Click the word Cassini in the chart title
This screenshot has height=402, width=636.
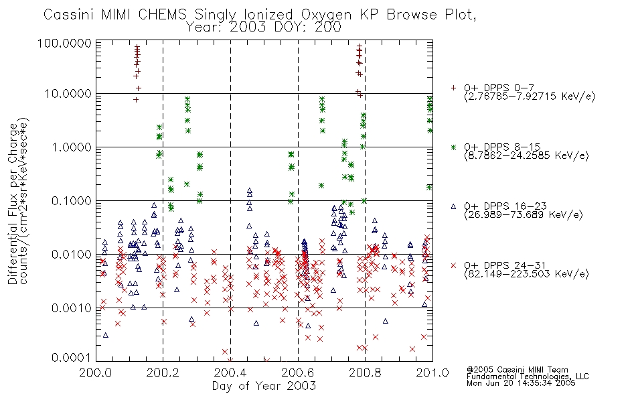point(69,15)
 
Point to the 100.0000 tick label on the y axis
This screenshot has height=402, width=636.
point(64,43)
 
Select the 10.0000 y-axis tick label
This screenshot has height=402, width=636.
point(68,94)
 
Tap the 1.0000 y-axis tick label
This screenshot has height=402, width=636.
point(72,147)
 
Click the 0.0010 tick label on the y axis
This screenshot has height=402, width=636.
point(72,308)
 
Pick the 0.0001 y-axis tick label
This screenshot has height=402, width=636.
point(72,358)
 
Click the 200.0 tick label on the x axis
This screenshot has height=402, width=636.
point(96,373)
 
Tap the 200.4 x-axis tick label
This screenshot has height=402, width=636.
point(230,373)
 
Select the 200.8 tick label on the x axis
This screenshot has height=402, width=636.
point(365,373)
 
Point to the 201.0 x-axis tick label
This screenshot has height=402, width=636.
point(432,373)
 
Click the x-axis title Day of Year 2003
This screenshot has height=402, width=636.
point(264,386)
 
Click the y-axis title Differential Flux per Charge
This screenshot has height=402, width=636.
point(13,204)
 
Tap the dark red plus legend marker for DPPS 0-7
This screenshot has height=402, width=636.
point(453,88)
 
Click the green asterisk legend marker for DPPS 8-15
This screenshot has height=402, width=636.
point(453,147)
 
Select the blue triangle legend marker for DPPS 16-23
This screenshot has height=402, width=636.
point(453,206)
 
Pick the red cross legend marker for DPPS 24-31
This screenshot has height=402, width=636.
point(453,265)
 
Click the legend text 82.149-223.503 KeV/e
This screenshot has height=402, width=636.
point(526,274)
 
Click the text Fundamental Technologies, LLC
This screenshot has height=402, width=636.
point(528,377)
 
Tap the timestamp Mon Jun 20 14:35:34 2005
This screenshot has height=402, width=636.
point(521,383)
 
